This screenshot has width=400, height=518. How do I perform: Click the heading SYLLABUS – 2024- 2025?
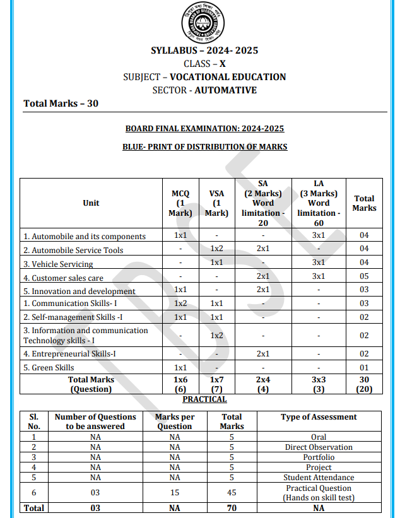click(204, 50)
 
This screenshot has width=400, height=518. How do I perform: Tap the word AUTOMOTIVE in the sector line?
click(225, 90)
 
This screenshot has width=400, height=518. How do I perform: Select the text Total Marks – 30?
click(61, 103)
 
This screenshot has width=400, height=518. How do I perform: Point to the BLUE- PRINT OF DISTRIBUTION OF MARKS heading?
click(204, 146)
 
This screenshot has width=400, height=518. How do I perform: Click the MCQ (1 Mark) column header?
click(180, 203)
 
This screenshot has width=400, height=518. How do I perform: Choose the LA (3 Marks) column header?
click(319, 203)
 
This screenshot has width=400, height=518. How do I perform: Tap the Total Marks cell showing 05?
click(364, 276)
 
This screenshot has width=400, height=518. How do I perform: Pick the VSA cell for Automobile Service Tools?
click(217, 249)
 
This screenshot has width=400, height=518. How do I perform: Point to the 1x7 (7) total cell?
click(217, 384)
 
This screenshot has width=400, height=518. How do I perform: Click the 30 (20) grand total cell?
click(364, 384)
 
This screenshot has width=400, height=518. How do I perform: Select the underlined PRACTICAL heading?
click(204, 399)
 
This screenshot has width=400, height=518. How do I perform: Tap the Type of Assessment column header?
click(319, 417)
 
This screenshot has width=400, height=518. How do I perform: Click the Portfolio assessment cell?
click(319, 457)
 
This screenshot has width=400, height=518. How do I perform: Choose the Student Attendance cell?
click(319, 478)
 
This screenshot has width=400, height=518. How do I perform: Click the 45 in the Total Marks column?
click(232, 493)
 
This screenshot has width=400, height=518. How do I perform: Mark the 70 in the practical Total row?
click(232, 508)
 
